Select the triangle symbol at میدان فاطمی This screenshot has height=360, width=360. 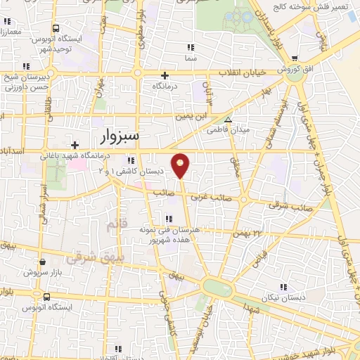click(x=227, y=119)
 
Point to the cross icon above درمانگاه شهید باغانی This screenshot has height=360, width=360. click(x=75, y=145)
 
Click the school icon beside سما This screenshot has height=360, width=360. click(x=190, y=47)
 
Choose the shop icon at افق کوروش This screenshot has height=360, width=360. click(x=295, y=59)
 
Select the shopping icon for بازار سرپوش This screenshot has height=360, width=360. click(x=42, y=262)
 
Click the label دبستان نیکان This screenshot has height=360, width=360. click(x=284, y=298)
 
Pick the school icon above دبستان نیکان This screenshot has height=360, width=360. click(x=284, y=287)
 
